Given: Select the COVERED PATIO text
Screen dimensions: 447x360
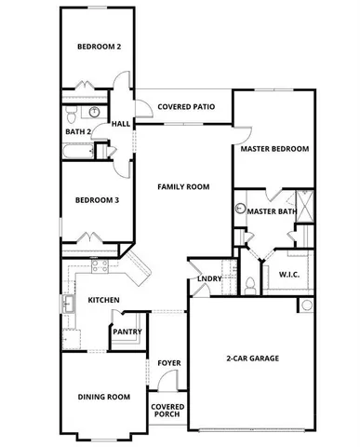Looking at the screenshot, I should tap(186, 107).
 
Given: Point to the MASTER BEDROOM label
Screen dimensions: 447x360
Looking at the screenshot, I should tap(274, 148).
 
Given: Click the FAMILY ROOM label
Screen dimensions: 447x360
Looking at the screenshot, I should tap(183, 187).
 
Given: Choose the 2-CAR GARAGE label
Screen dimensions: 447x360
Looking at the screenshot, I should tap(252, 359).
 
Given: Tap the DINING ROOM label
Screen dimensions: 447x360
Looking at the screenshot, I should tap(102, 398).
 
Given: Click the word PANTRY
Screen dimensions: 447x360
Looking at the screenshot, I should tap(127, 332).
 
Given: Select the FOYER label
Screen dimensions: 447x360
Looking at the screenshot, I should tap(168, 362).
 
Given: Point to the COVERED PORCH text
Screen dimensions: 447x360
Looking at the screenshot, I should tap(168, 411).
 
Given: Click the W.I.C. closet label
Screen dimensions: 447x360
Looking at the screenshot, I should tap(288, 274).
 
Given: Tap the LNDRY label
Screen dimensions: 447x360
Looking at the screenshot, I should tap(209, 279).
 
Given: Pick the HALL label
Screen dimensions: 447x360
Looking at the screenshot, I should tap(121, 124).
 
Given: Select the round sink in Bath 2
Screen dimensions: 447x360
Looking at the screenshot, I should tap(94, 113).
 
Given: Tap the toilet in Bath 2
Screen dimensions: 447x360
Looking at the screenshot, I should tap(72, 115).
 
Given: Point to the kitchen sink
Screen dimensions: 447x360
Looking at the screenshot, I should tap(68, 304).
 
